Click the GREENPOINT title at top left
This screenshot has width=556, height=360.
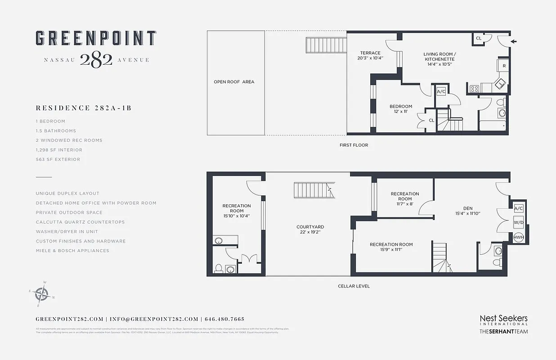[96, 39]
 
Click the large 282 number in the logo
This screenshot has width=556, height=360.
[96, 60]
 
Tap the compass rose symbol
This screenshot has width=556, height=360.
[41, 294]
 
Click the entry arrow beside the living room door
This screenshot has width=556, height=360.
[514, 42]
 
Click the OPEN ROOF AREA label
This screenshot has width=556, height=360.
[234, 82]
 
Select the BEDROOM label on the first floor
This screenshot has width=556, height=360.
[400, 107]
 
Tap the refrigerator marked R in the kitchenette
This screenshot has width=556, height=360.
[504, 66]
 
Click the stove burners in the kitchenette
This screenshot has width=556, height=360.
[474, 89]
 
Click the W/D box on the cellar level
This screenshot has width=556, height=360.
[518, 223]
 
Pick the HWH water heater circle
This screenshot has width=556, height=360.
[518, 237]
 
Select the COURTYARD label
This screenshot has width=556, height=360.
[310, 227]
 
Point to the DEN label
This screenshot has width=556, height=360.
[467, 208]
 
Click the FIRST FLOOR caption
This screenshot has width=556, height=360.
[354, 145]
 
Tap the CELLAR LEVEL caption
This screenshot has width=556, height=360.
[354, 286]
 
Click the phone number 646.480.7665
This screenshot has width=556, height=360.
[224, 319]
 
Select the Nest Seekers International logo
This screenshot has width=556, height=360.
[503, 320]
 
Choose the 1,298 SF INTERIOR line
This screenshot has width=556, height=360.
[59, 150]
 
